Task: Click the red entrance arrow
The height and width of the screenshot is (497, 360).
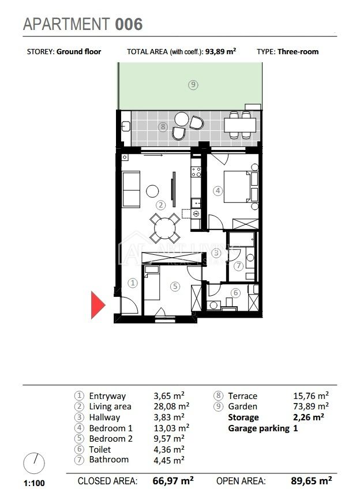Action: click(x=97, y=305)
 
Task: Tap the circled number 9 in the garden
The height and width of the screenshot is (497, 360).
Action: click(x=193, y=85)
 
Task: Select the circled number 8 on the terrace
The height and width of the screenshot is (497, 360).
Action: click(x=163, y=127)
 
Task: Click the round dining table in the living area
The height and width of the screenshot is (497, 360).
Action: click(x=165, y=228)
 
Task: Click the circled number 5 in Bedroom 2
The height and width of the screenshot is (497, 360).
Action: click(x=175, y=287)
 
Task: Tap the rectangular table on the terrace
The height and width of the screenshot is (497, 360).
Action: click(x=240, y=125)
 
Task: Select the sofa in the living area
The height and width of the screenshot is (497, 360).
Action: click(x=131, y=190)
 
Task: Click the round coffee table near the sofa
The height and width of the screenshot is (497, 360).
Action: click(x=152, y=191)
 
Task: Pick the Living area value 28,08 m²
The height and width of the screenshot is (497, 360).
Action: click(x=171, y=406)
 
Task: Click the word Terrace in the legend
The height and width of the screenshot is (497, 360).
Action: click(x=243, y=396)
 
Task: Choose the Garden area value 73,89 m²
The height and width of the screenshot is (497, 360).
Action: click(x=311, y=406)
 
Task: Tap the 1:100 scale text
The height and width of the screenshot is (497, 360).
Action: click(x=34, y=483)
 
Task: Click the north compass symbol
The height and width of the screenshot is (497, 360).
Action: click(x=34, y=464)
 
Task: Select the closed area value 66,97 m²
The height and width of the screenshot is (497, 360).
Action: click(x=173, y=481)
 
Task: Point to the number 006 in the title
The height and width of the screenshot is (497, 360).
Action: click(x=129, y=24)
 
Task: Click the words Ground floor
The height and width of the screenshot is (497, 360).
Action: click(x=78, y=52)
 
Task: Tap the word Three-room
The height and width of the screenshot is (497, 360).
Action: click(x=298, y=52)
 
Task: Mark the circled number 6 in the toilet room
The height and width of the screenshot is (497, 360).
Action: click(x=235, y=292)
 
